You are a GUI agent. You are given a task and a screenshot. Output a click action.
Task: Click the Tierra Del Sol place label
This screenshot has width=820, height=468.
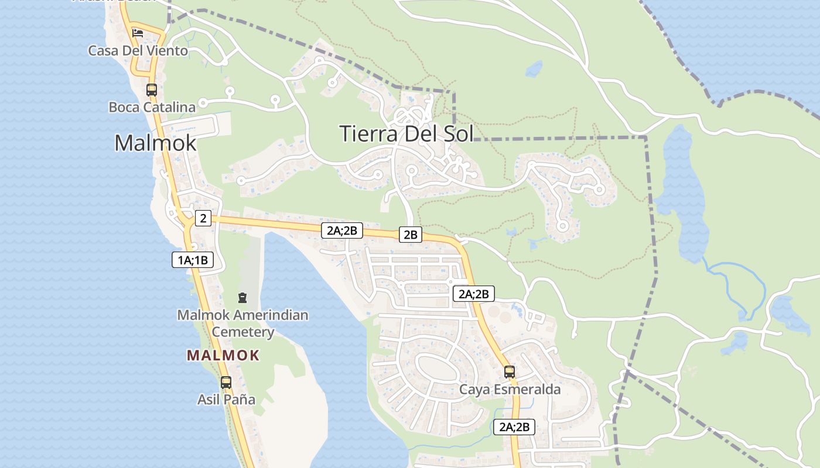pos(406,133)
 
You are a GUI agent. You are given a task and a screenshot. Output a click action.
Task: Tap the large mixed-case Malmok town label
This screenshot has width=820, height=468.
pos(155,143)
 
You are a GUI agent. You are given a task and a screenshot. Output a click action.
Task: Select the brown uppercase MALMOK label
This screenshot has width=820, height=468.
pos(223,355)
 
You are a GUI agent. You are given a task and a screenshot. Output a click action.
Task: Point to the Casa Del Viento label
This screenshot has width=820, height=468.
pos(138,51)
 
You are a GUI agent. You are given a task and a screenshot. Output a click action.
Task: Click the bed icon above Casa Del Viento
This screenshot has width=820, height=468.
pos(138,33)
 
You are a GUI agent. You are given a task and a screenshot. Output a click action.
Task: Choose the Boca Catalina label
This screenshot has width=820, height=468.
pos(152,107)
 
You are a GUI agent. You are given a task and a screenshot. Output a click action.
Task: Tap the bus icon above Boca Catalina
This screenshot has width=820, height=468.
pos(151,90)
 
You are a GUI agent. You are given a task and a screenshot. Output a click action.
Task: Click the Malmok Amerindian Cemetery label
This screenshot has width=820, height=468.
pos(242,324)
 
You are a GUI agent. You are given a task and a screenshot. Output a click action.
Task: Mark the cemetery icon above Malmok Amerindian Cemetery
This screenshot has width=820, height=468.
pos(242,298)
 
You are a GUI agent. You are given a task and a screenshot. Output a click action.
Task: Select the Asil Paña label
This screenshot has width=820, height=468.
pos(226,400)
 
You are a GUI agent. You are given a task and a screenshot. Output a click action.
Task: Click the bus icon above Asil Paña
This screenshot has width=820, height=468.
pos(226,383)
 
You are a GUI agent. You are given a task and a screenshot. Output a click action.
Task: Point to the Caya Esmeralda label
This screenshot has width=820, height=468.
pos(510,390)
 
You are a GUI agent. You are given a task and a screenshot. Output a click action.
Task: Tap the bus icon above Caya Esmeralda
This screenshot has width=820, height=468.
pos(510,372)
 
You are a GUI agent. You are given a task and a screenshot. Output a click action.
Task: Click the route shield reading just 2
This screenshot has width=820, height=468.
pos(203,218)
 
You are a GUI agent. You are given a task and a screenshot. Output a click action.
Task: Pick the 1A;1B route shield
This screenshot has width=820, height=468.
pos(192,260)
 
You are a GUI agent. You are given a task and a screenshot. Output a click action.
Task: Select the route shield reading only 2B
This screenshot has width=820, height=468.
pos(410,235)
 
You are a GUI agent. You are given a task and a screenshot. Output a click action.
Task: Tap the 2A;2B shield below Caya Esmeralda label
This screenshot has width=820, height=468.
pos(514,427)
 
